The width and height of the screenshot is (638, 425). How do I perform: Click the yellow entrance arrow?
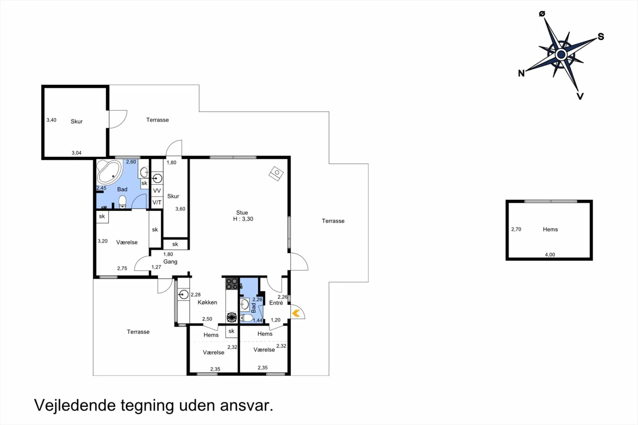coord(296,313)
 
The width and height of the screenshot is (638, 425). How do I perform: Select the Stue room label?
coord(242,213)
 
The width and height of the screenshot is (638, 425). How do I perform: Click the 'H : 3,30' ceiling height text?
coord(243,219)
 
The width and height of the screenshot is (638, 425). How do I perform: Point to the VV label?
coord(157,191)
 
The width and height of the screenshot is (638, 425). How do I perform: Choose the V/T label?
coord(157,202)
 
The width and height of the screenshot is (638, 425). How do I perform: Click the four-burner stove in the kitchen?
coord(232,284)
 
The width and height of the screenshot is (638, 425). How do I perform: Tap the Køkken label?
coord(207,302)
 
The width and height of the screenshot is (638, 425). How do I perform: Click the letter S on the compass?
coord(601,37)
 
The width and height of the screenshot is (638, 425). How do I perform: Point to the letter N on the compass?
coord(521,73)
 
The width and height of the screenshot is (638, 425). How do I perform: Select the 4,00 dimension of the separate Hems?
coord(550,255)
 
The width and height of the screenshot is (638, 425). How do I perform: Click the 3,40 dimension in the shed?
coord(51,120)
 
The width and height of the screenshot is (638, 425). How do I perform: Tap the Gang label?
coord(170,262)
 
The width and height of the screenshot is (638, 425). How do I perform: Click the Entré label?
coord(276,303)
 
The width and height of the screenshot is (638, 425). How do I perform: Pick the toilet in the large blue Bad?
coord(123,202)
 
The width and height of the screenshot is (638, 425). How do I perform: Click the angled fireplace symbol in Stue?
coord(276,173)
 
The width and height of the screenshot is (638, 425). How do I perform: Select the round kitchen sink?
coord(183,294)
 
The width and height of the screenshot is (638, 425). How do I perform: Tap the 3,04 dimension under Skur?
coord(76,153)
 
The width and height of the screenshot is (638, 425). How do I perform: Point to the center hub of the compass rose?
coord(561,54)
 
